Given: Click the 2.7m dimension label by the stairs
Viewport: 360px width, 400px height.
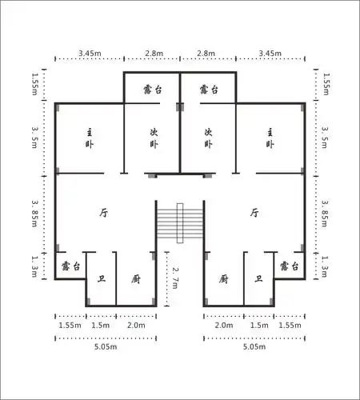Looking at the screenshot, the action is click(175, 278).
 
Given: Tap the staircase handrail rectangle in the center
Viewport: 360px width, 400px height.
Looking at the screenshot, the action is click(180, 223).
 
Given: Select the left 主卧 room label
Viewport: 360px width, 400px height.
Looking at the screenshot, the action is click(90, 138).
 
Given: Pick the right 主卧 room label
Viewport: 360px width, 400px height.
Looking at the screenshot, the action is click(270, 138).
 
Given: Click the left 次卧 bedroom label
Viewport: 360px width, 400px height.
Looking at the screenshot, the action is click(154, 138).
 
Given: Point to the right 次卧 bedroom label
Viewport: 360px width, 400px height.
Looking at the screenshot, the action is click(208, 138).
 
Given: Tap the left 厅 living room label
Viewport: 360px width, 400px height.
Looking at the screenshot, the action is click(104, 213).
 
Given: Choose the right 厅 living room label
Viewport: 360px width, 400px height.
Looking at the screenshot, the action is click(254, 213).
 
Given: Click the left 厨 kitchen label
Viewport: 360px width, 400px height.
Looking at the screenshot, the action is click(136, 279).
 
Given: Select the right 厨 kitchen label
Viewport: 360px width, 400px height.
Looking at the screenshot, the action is click(223, 279).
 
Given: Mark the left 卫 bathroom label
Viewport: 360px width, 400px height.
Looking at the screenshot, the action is click(102, 278).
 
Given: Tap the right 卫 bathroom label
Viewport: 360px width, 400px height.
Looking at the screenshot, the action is click(258, 278).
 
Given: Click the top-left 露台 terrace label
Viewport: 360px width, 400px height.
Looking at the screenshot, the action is click(153, 90).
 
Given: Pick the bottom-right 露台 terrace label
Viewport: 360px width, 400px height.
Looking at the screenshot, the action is click(289, 266).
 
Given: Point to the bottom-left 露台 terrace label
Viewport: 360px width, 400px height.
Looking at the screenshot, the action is click(70, 266).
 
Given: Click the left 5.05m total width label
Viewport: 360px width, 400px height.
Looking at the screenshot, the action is click(106, 346).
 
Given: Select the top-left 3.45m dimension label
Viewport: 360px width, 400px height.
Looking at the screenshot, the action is click(90, 53).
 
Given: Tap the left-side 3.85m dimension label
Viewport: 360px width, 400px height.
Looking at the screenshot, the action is click(34, 214).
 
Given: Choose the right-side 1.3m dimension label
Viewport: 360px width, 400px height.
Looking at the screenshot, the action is click(325, 266).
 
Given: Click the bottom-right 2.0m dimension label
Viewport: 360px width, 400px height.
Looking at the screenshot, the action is click(224, 325).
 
